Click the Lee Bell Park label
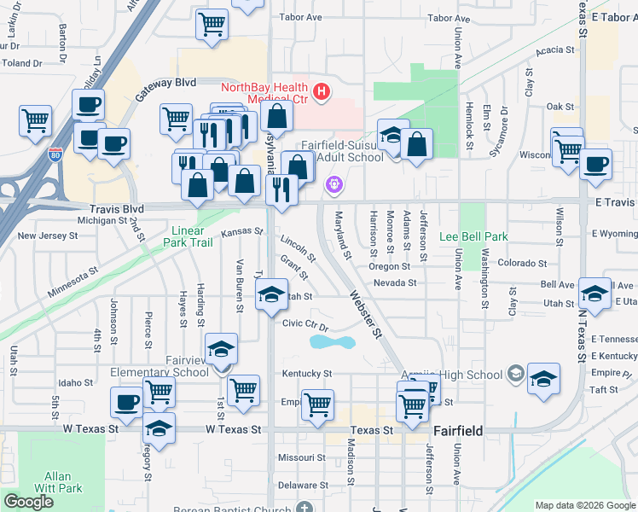pos(473,236)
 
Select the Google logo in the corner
pos(28,502)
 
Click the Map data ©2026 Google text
pos(584,505)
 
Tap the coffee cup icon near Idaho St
pos(127,402)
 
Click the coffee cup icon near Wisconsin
pos(595,163)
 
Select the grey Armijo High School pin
pos(515,374)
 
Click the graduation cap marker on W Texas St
pos(159,429)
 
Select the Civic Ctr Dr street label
pos(305,324)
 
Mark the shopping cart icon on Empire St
pos(317,404)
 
